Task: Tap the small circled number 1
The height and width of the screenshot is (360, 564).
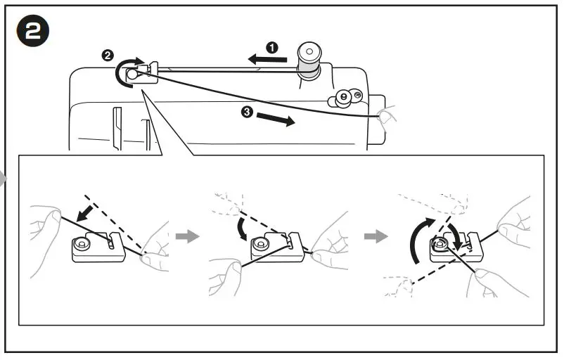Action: coord(272,47)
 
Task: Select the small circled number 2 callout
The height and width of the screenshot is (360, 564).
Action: coord(107,55)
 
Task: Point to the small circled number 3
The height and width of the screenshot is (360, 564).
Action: coord(247,112)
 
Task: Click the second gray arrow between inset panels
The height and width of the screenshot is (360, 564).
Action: coord(376,236)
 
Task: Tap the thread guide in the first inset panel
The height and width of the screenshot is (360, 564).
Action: coord(98,245)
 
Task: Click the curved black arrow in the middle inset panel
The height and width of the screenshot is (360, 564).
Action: coord(242,229)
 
